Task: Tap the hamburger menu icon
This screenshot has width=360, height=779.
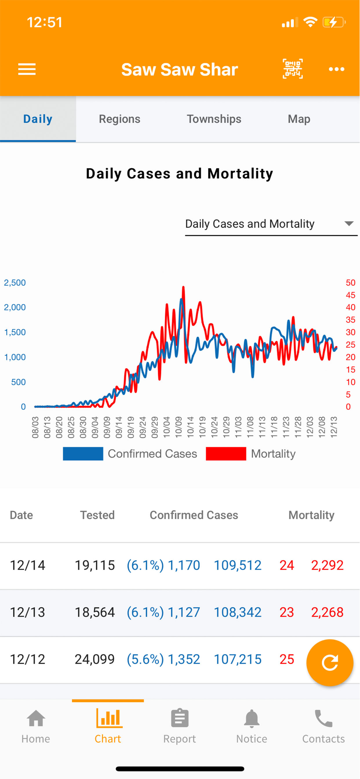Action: click(27, 69)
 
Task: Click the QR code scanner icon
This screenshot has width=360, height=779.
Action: click(293, 69)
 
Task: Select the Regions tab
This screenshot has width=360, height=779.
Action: click(120, 119)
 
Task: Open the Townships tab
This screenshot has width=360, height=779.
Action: click(214, 119)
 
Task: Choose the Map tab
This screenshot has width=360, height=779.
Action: click(299, 119)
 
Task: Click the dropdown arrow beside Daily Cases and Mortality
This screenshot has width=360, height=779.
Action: click(349, 224)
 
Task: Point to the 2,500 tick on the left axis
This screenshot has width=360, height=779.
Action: click(15, 283)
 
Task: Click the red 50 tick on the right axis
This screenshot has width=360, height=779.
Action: click(350, 283)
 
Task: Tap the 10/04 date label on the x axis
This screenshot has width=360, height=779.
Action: click(167, 427)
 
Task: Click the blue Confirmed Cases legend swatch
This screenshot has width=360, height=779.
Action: click(83, 454)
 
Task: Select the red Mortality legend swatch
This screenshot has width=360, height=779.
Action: click(226, 454)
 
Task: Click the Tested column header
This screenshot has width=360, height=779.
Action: click(97, 515)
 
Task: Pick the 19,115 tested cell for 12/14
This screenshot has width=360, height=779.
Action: click(95, 565)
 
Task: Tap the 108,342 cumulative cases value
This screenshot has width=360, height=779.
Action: click(238, 612)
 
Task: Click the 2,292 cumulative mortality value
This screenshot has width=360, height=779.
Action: click(327, 565)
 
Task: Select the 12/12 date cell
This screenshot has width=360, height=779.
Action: click(27, 659)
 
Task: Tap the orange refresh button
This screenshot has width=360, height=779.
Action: click(330, 663)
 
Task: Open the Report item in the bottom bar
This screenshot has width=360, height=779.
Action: click(180, 726)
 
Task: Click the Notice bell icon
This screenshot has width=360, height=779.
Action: click(252, 719)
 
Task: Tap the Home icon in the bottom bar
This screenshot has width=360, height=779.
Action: click(36, 719)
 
